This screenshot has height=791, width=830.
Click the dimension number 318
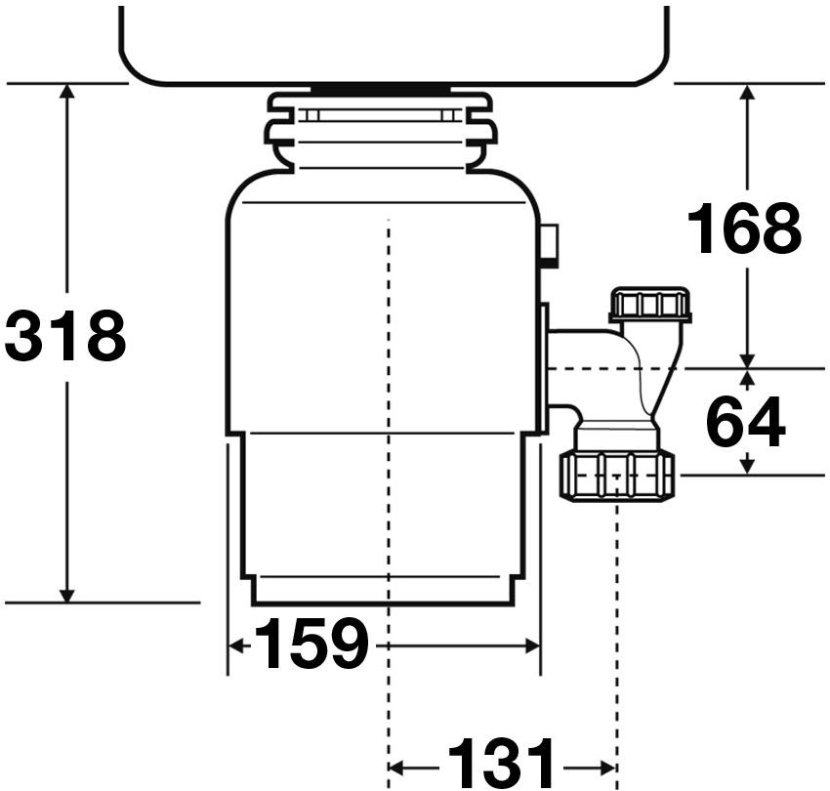(66, 336)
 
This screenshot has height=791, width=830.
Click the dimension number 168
(744, 229)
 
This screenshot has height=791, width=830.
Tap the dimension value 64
(745, 423)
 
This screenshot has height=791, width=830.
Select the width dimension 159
(311, 645)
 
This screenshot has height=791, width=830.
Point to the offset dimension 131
(501, 763)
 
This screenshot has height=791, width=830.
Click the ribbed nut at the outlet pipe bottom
(617, 476)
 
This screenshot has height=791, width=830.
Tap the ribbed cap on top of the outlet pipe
(649, 304)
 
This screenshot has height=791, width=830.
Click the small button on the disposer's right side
(550, 245)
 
